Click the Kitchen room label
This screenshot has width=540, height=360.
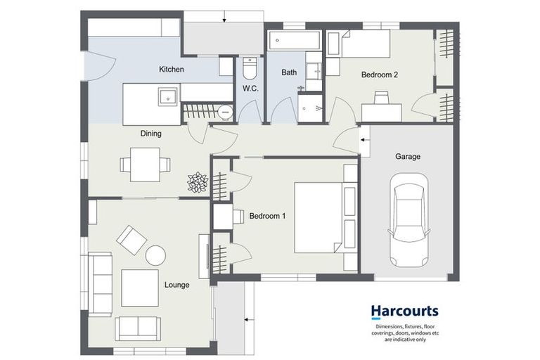click(172, 69)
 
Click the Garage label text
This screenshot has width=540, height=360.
click(407, 157)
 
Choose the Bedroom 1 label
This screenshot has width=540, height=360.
click(267, 217)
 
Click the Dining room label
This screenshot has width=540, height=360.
click(150, 133)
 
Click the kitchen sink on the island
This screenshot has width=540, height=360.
click(167, 96)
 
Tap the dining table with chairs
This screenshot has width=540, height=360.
click(145, 164)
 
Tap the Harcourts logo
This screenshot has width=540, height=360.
click(404, 311)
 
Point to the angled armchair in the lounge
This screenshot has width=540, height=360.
click(131, 240)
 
